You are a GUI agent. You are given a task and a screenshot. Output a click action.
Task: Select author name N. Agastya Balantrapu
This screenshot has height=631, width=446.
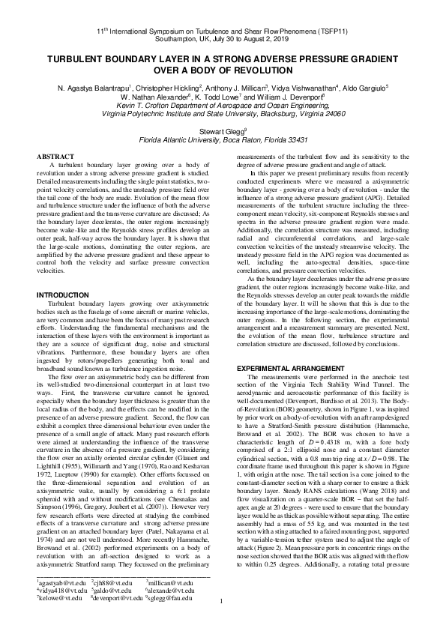point(98,87)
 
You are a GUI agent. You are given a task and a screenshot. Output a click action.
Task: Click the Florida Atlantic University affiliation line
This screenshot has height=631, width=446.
point(222,139)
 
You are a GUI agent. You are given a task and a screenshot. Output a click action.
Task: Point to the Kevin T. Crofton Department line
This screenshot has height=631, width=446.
point(223,106)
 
